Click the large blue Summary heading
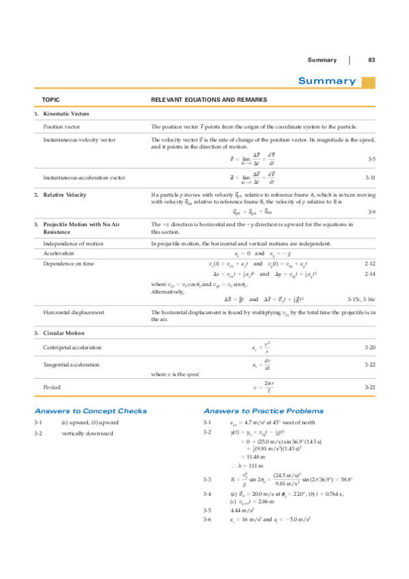pos(326,81)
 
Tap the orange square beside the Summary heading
pos(368,82)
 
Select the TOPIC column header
pos(51,100)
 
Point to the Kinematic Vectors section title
pos(66,114)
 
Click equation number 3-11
pos(370,178)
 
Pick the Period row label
pos(52,387)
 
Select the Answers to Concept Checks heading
pos(90,411)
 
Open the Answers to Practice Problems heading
pos(264,411)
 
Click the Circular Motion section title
pos(64,333)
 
